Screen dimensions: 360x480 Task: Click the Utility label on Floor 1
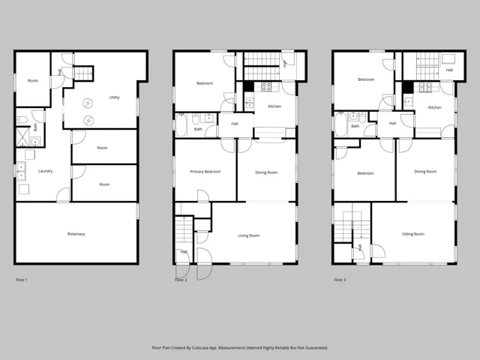114,97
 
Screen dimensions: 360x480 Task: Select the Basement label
76,234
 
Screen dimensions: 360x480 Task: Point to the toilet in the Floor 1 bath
22,119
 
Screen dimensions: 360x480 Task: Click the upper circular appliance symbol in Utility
88,103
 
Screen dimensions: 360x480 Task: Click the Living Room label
249,235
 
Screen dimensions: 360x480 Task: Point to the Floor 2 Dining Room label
266,172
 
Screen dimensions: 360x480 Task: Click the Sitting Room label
413,234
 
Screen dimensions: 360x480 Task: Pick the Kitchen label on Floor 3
433,107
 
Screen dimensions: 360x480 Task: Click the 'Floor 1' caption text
22,280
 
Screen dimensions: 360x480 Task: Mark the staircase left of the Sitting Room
349,226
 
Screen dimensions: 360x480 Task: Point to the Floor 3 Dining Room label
425,172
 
